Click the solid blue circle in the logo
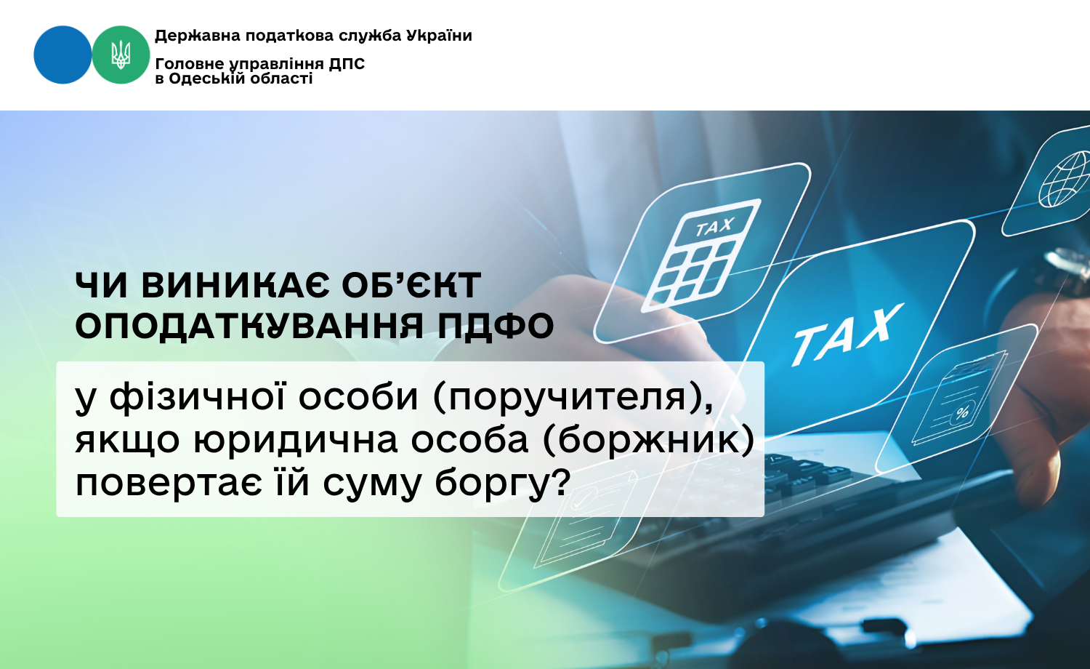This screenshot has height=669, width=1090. click(x=62, y=55)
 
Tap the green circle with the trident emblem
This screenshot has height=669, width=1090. click(x=121, y=55)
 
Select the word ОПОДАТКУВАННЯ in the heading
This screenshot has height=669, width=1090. click(x=249, y=327)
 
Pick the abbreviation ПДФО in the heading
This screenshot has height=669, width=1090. click(x=496, y=326)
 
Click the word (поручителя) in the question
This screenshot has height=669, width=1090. click(x=573, y=398)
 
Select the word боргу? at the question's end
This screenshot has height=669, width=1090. click(x=502, y=484)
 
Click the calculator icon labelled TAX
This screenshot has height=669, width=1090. click(x=701, y=256)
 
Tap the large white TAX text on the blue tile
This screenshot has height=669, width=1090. click(x=847, y=334)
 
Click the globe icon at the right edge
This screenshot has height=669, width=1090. click(x=1065, y=179)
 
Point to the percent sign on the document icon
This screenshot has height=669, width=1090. click(x=962, y=413)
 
